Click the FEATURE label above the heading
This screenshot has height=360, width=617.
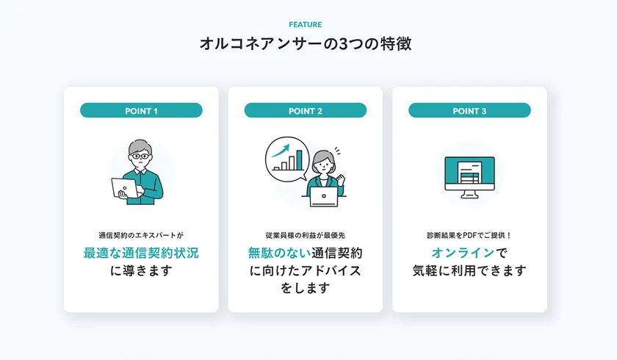[305, 24]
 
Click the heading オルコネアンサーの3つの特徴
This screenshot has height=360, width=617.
[305, 43]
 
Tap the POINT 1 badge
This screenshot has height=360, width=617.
[141, 111]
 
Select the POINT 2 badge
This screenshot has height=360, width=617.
[306, 111]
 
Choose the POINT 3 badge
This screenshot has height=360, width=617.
[469, 111]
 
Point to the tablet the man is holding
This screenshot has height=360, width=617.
[125, 189]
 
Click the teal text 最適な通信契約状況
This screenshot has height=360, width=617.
[141, 253]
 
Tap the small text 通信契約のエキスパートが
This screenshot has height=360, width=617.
[141, 235]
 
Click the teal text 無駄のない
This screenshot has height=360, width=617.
[278, 253]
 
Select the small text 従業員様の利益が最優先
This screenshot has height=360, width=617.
[306, 235]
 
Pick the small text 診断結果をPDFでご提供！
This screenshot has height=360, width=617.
[469, 235]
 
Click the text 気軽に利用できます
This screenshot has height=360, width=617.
[469, 271]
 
